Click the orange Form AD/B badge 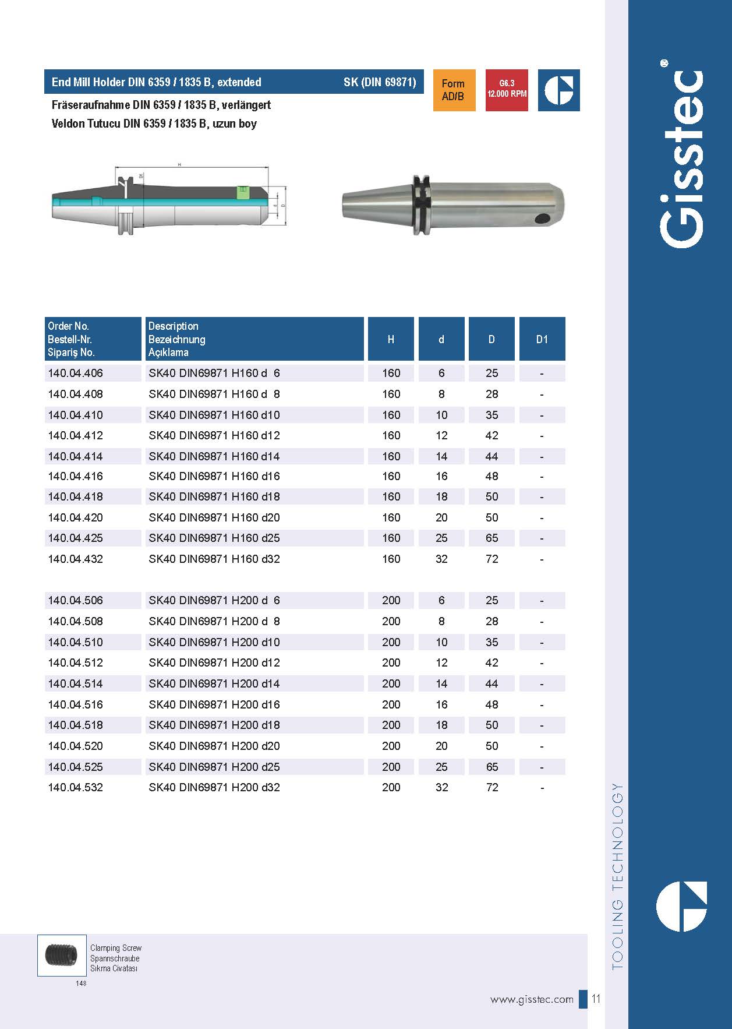point(454,90)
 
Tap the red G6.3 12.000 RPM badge point(507,90)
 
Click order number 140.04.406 point(76,373)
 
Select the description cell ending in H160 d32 point(214,559)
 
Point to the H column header point(391,339)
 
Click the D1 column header point(542,339)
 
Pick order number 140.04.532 point(76,788)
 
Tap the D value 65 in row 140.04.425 point(492,538)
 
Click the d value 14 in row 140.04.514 point(441,683)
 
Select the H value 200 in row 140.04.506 point(391,601)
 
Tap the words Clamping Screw point(116,948)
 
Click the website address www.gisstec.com point(532,1000)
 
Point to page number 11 point(596,999)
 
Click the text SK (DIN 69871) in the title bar point(380,82)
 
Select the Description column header point(173,326)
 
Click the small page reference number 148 point(81,984)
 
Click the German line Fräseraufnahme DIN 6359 point(161,105)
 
